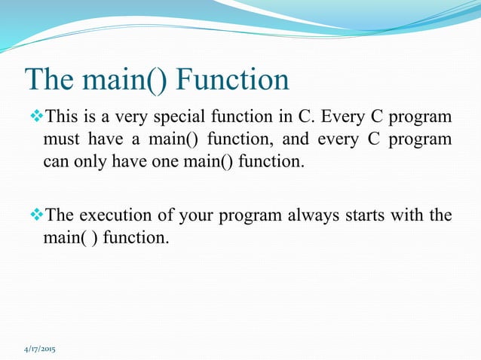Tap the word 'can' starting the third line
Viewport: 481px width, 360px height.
point(54,160)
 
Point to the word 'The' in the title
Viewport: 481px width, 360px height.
point(51,81)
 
